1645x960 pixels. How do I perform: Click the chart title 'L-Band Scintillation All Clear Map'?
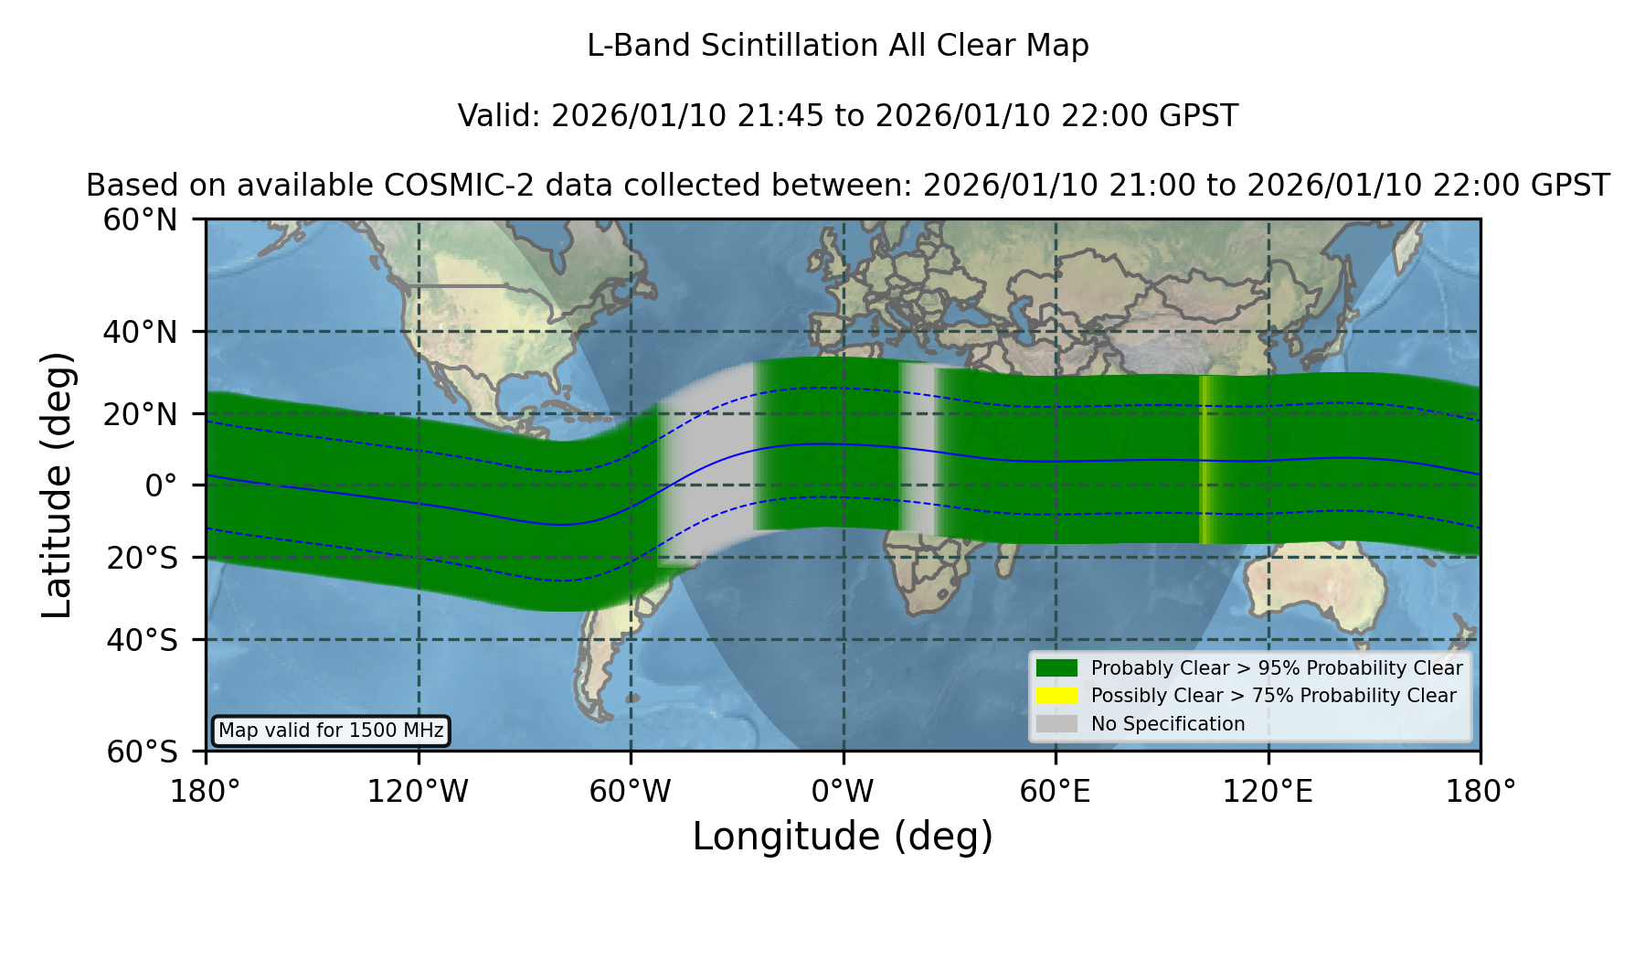pyautogui.click(x=837, y=46)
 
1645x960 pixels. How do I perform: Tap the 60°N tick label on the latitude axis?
pyautogui.click(x=140, y=219)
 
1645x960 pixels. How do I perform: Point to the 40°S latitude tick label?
pyautogui.click(x=142, y=640)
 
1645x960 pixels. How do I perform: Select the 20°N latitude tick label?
pyautogui.click(x=140, y=414)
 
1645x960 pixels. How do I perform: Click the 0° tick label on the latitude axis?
pyautogui.click(x=161, y=485)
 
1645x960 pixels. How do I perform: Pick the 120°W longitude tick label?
pyautogui.click(x=418, y=791)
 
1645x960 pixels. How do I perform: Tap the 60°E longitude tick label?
pyautogui.click(x=1056, y=791)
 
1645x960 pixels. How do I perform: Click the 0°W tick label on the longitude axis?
pyautogui.click(x=843, y=791)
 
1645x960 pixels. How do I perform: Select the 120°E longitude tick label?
pyautogui.click(x=1268, y=791)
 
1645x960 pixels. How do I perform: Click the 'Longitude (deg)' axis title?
pyautogui.click(x=843, y=837)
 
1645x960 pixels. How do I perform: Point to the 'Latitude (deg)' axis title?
pyautogui.click(x=57, y=485)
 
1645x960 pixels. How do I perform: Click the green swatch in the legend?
pyautogui.click(x=1056, y=668)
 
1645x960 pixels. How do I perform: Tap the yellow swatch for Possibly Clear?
pyautogui.click(x=1056, y=696)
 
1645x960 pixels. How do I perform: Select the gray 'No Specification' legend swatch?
pyautogui.click(x=1056, y=724)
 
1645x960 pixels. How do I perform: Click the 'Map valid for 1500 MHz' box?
pyautogui.click(x=331, y=731)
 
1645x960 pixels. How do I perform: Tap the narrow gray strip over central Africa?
pyautogui.click(x=918, y=448)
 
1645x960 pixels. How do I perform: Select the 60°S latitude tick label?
pyautogui.click(x=142, y=752)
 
